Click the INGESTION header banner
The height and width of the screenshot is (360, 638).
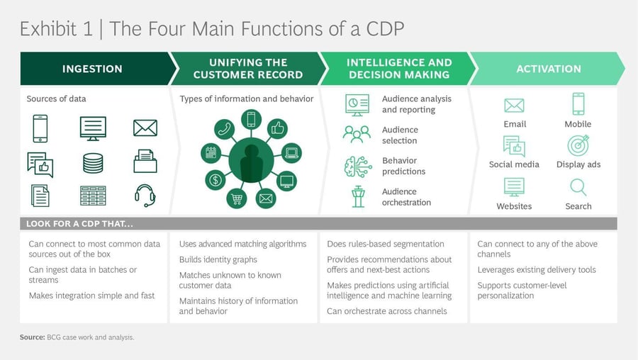click(x=92, y=69)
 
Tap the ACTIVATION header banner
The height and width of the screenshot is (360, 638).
click(x=548, y=69)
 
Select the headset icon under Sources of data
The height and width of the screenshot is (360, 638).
click(x=145, y=195)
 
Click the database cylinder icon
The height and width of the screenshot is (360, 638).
click(x=93, y=163)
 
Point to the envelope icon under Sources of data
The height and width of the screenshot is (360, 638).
click(x=145, y=128)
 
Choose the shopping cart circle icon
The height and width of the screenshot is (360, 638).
click(x=237, y=198)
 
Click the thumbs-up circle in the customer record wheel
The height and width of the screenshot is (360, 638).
click(x=277, y=128)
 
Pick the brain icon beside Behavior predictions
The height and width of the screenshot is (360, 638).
click(x=357, y=166)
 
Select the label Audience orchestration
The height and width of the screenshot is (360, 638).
click(x=406, y=197)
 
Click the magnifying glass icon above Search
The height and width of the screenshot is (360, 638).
click(x=578, y=187)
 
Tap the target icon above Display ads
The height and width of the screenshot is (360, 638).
click(x=578, y=145)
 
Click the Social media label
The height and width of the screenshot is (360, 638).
click(x=514, y=164)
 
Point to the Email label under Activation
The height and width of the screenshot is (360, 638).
click(x=515, y=124)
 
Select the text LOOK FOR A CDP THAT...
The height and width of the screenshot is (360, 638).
click(x=79, y=224)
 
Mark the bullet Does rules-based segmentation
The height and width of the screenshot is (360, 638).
click(x=386, y=244)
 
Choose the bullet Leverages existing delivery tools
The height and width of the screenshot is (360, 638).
click(x=537, y=270)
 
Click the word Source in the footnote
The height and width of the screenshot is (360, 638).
click(x=32, y=337)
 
